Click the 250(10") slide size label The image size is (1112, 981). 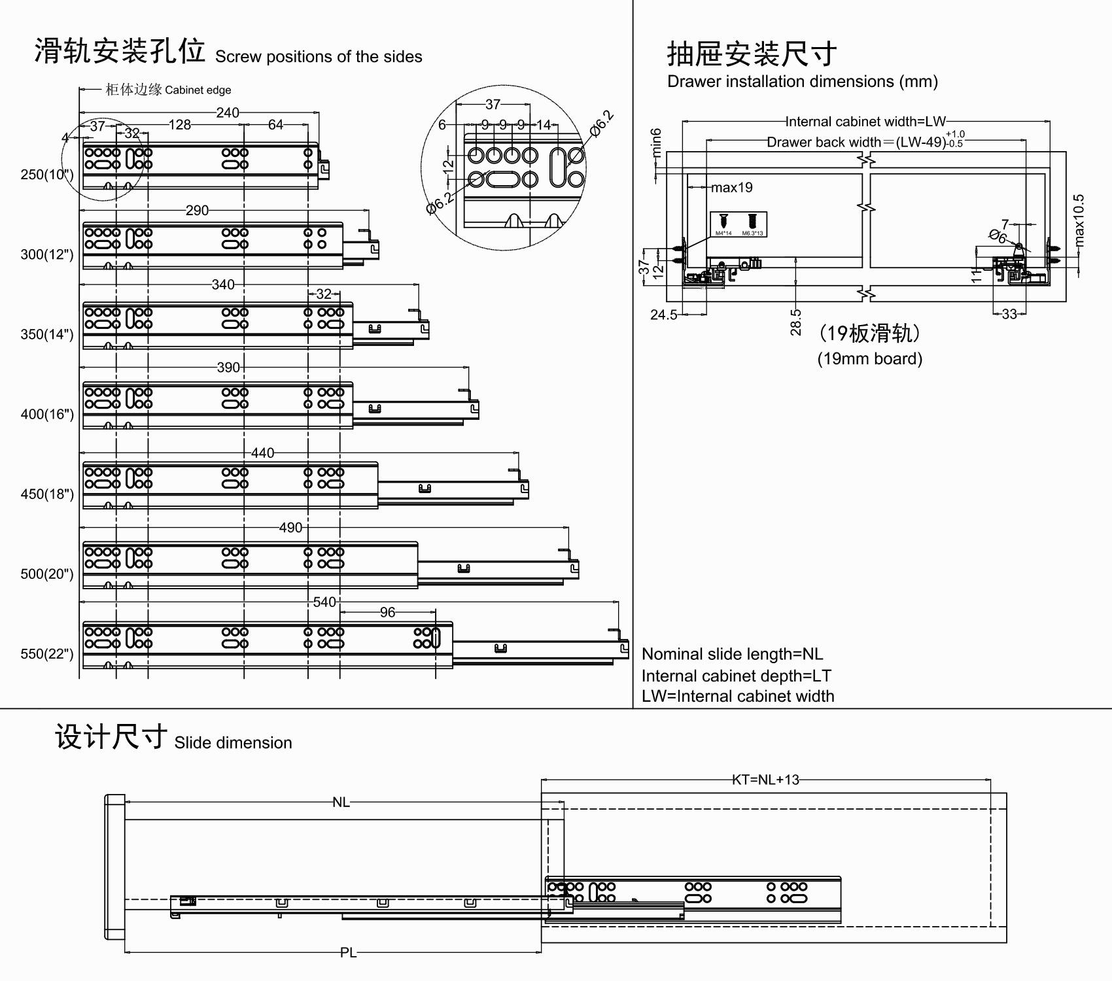click(x=46, y=175)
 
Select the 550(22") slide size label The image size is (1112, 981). click(x=46, y=654)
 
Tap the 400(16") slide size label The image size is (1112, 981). click(x=46, y=415)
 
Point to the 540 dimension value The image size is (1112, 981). click(x=324, y=602)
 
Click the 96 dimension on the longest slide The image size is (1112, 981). click(x=387, y=612)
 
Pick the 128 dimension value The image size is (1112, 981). click(x=180, y=124)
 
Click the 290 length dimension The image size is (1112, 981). click(x=197, y=211)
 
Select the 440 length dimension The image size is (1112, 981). click(x=262, y=453)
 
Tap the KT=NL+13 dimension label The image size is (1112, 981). click(x=765, y=780)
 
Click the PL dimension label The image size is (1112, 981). click(x=348, y=953)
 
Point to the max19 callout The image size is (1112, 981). click(x=732, y=188)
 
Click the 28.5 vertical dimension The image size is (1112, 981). click(x=795, y=322)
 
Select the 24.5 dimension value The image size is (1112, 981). click(x=664, y=315)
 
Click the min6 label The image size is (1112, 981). click(x=657, y=143)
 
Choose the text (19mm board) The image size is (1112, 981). click(x=869, y=358)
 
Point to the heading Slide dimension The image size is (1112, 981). click(x=233, y=743)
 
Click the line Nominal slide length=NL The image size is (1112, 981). click(x=732, y=654)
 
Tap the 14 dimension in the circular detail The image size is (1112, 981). click(x=544, y=124)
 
